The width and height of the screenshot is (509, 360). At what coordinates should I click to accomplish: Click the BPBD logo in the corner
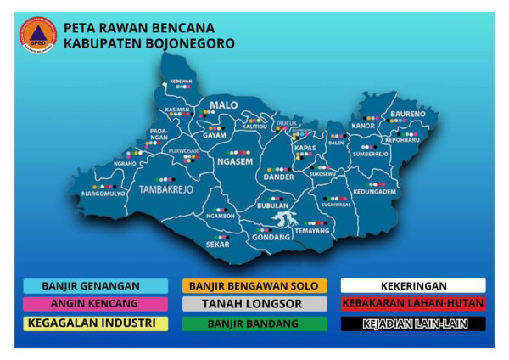pyautogui.click(x=38, y=33)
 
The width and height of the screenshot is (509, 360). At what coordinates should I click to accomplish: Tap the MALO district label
pyautogui.click(x=224, y=105)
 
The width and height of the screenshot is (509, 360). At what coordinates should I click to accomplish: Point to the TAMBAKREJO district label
pyautogui.click(x=166, y=189)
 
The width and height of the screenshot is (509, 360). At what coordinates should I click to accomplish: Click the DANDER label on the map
pyautogui.click(x=278, y=177)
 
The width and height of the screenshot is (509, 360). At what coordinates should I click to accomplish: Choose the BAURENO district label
pyautogui.click(x=408, y=114)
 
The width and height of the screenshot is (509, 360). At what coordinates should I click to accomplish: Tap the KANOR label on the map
pyautogui.click(x=363, y=127)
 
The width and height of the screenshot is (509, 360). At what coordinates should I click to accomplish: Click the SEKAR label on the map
pyautogui.click(x=218, y=245)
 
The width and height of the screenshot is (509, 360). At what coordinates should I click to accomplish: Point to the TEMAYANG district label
pyautogui.click(x=311, y=231)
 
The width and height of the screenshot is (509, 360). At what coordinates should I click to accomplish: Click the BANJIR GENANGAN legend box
pyautogui.click(x=94, y=285)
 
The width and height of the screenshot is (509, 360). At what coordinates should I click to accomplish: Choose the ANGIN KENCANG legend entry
pyautogui.click(x=94, y=303)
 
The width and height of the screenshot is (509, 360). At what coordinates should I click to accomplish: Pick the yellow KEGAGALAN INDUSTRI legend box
pyautogui.click(x=94, y=323)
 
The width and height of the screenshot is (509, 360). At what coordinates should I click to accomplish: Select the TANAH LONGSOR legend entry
pyautogui.click(x=253, y=303)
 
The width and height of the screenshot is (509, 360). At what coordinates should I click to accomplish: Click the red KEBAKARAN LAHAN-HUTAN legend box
pyautogui.click(x=413, y=303)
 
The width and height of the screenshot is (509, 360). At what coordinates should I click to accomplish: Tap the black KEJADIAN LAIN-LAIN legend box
pyautogui.click(x=413, y=323)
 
